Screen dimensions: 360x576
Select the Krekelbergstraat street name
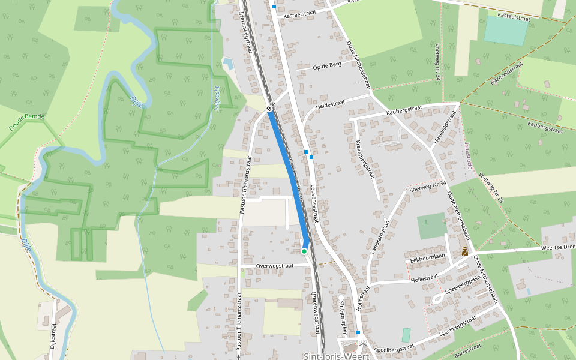coord(365,159)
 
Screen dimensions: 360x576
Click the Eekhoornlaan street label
coord(427,257)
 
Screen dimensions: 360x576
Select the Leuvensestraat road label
coord(314,204)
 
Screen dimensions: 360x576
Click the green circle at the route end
coord(304,251)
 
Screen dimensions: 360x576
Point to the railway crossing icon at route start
coord(269,109)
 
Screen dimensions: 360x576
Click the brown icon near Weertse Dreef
coord(465,252)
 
